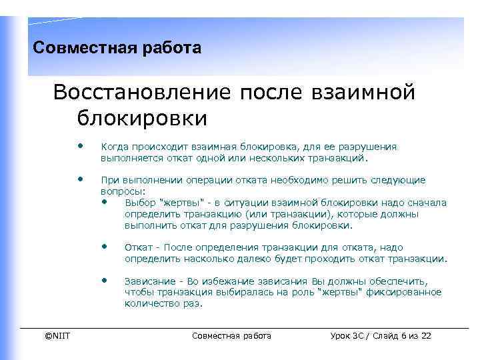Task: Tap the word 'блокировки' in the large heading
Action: click(142, 118)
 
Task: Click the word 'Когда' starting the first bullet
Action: click(114, 147)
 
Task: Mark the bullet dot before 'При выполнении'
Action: click(80, 179)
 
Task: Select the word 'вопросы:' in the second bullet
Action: click(117, 191)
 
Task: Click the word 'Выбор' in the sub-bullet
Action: click(139, 203)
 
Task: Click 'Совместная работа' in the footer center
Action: click(231, 335)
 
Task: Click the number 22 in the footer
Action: click(425, 335)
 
